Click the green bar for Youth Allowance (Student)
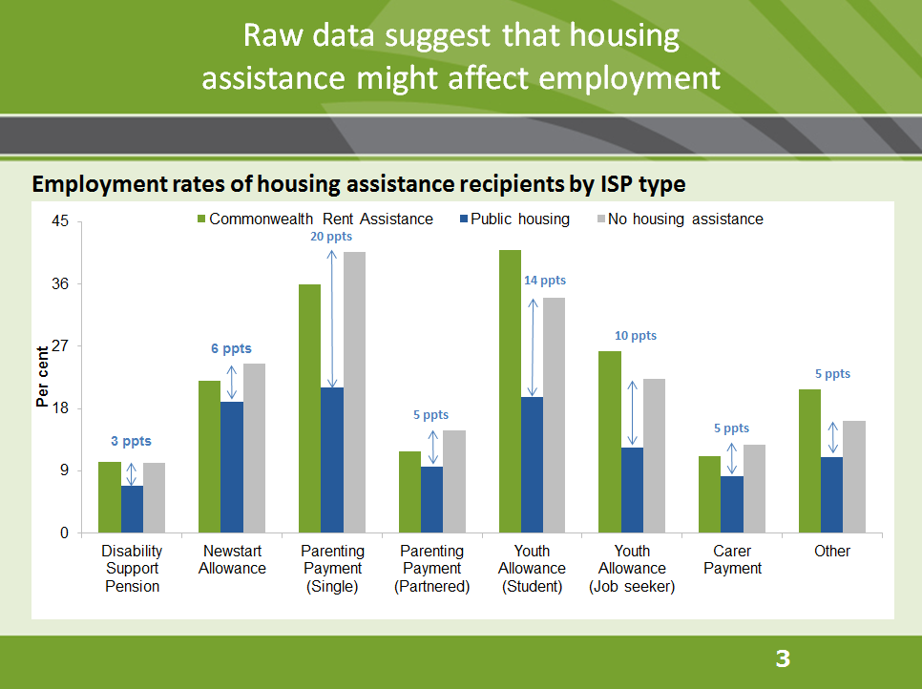510,391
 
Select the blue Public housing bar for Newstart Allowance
231,467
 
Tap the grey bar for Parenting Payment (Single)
354,392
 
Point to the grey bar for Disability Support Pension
154,497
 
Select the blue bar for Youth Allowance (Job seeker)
632,490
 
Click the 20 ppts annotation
331,237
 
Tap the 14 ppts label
544,281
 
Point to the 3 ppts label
131,441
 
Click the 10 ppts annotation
635,336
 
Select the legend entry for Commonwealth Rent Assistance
314,219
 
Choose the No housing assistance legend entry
679,219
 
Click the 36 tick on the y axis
59,284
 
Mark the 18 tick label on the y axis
59,408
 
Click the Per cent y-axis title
42,377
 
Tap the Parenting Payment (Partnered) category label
431,569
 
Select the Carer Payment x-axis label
732,560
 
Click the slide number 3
783,658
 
